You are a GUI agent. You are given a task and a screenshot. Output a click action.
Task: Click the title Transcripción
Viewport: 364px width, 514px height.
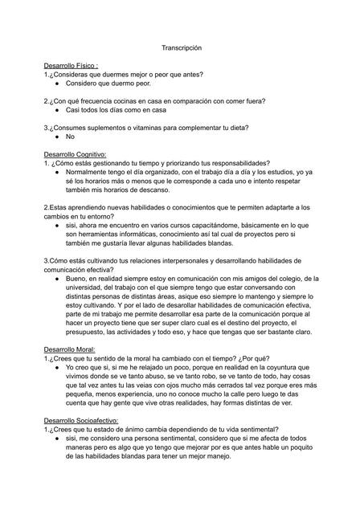pos(182,49)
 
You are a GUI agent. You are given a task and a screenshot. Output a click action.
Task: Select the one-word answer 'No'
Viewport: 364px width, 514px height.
pos(70,136)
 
